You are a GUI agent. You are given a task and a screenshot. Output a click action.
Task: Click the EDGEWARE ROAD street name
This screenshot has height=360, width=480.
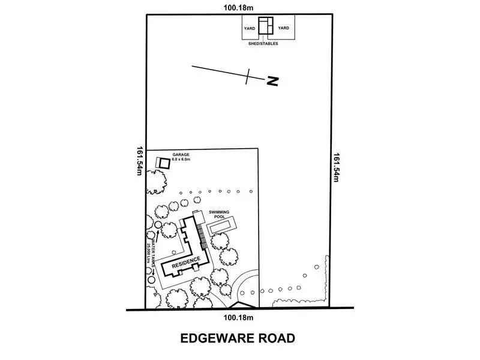coord(238,338)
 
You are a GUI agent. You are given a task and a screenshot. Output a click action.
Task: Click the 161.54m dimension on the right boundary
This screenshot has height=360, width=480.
coord(337,167)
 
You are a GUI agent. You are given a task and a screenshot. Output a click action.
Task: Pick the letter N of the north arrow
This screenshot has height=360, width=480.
coord(273,81)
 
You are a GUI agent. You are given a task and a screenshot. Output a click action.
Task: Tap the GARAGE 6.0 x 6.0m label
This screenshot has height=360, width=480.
coord(181,157)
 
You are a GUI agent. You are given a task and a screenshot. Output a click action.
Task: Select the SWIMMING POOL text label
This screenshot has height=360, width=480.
coord(220,214)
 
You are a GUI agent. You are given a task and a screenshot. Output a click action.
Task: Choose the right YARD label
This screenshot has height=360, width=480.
coord(284,28)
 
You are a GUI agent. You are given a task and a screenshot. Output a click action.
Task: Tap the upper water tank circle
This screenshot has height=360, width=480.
coord(157,224)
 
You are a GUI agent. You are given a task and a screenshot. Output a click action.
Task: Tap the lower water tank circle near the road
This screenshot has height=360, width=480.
coord(151,279)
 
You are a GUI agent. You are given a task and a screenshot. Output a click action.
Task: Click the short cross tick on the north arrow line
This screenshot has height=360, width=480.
coord(248,76)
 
